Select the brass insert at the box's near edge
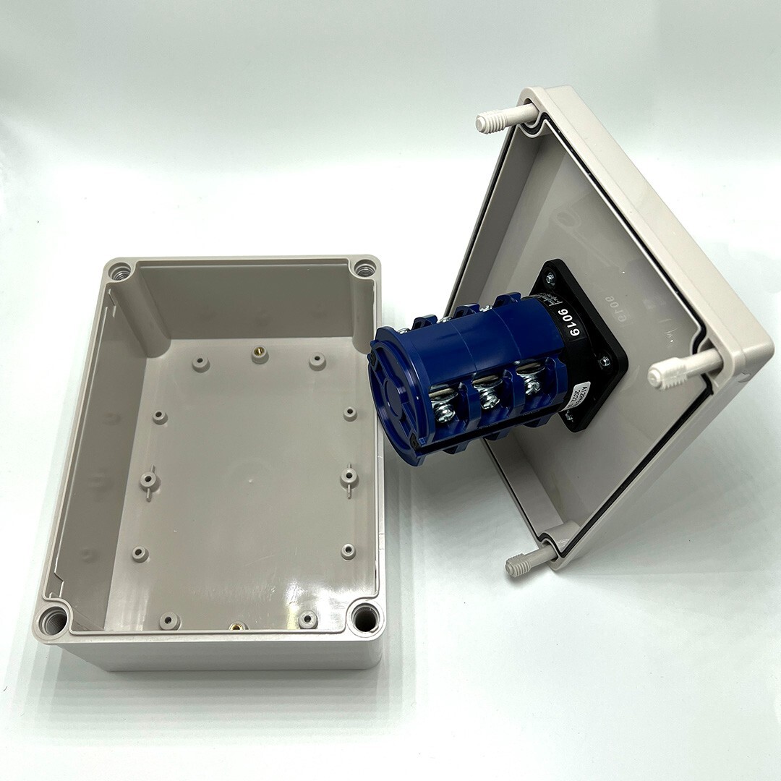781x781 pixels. [x=236, y=626]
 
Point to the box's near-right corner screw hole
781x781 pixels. [x=364, y=618]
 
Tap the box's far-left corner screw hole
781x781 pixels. [x=121, y=272]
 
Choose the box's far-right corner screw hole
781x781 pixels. [x=364, y=269]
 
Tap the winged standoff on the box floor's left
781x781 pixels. [x=148, y=479]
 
